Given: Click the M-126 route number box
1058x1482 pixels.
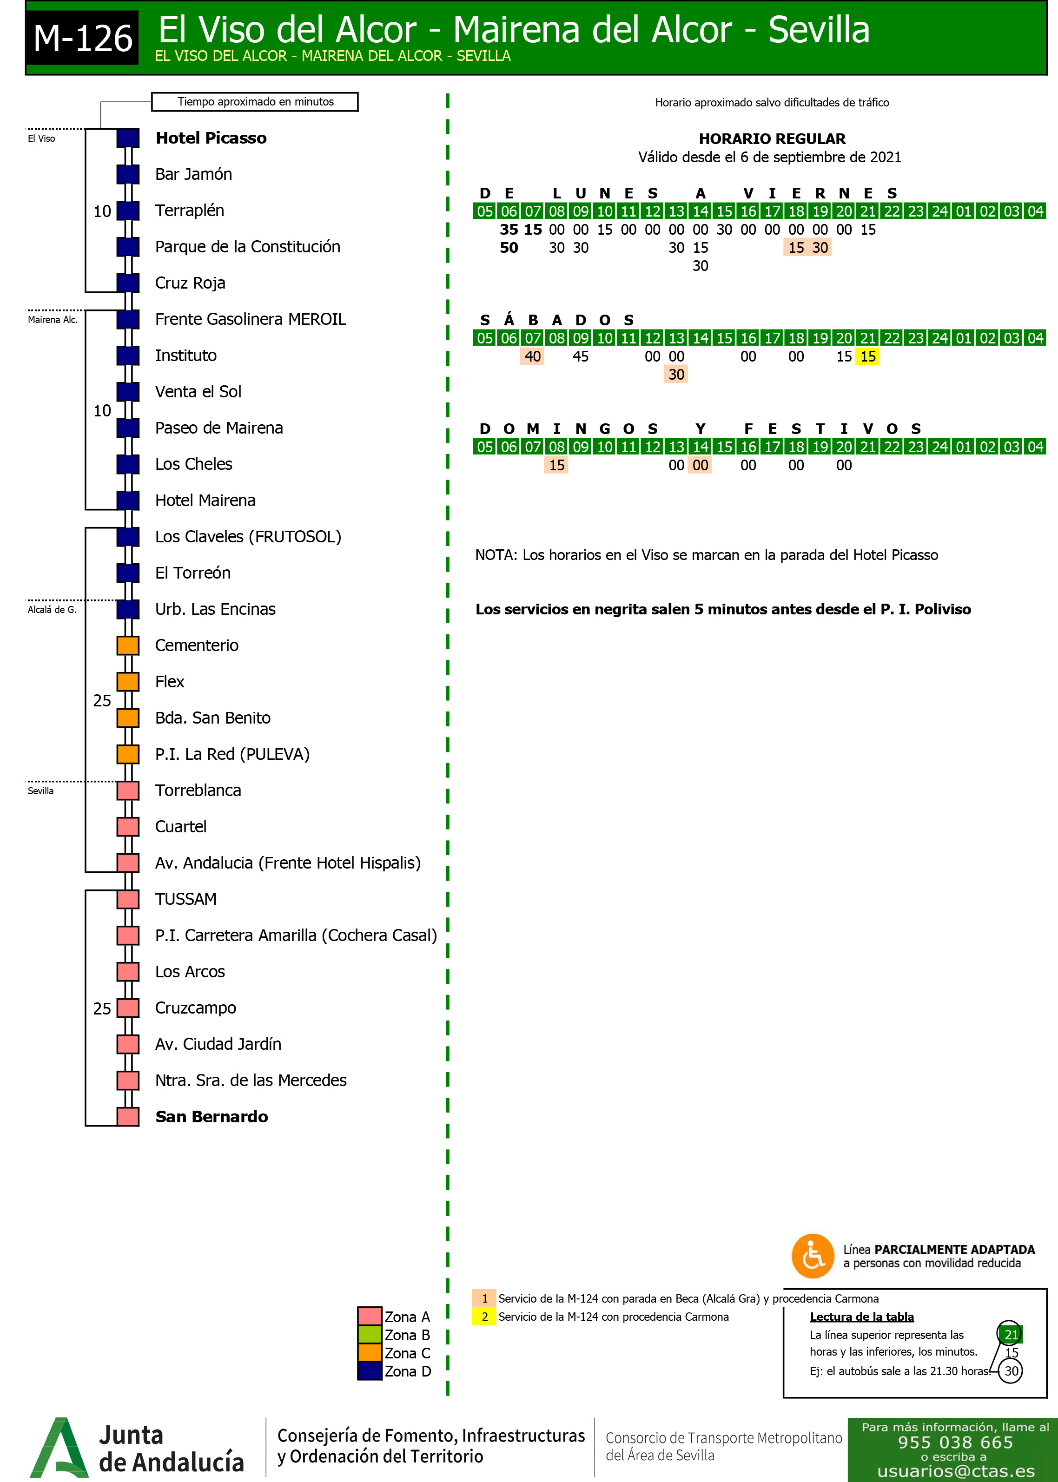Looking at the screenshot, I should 83,38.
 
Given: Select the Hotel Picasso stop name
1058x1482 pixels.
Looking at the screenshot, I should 211,138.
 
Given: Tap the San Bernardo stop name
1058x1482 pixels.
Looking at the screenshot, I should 212,1117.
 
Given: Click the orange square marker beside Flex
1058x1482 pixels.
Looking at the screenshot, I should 128,682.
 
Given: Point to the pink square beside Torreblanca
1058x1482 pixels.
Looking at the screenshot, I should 128,790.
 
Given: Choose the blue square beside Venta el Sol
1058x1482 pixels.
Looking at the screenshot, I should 128,392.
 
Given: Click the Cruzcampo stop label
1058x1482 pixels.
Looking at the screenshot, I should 195,1008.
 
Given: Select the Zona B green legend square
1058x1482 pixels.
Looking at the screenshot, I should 370,1335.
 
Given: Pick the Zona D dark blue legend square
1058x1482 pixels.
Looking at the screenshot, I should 370,1371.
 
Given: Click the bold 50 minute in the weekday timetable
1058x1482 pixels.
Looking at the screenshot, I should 509,248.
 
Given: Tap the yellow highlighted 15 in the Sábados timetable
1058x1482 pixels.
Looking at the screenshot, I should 868,357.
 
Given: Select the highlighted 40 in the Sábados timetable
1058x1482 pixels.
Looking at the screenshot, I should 532,357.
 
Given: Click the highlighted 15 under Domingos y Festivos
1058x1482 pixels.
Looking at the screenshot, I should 556,466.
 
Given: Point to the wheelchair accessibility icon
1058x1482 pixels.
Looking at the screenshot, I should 813,1256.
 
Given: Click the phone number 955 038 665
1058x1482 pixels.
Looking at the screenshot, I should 955,1443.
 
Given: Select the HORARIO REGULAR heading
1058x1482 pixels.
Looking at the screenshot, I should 772,138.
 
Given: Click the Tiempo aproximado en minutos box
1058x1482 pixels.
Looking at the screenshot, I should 255,102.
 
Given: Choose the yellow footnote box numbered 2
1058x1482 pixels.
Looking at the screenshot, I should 484,1317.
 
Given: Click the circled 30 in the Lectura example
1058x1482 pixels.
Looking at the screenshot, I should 1011,1370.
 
